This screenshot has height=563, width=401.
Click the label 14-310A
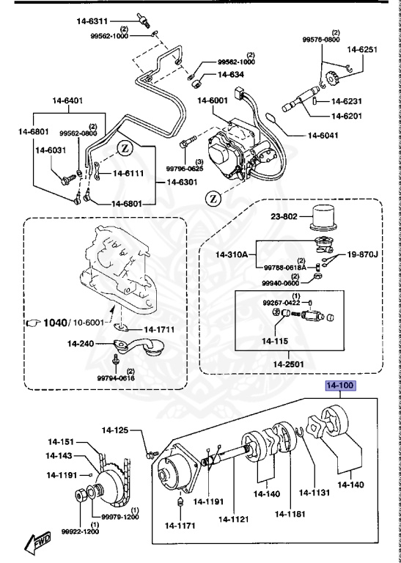234,254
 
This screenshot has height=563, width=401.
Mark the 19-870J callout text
361,254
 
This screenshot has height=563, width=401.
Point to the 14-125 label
116,430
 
